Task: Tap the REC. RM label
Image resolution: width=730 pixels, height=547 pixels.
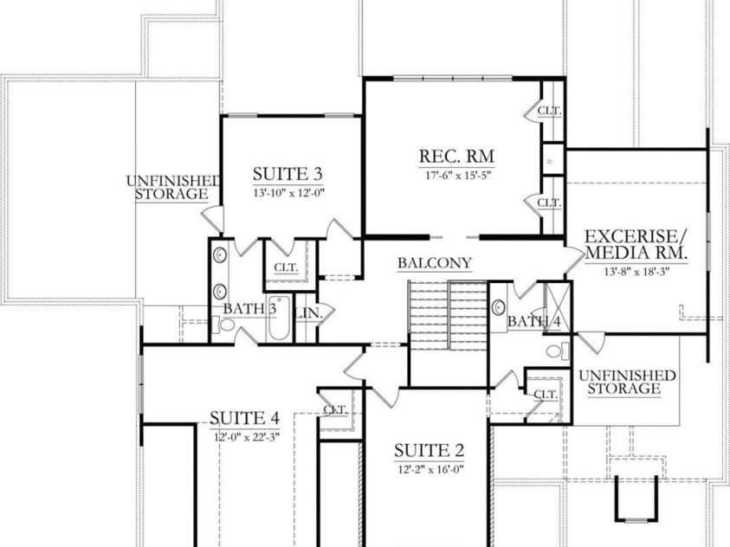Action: (456, 156)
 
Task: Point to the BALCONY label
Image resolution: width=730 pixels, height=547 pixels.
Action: (435, 263)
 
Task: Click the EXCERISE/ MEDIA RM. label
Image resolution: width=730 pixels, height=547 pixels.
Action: (636, 244)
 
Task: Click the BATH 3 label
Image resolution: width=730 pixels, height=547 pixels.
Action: (249, 308)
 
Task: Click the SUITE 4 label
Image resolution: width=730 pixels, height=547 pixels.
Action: (244, 419)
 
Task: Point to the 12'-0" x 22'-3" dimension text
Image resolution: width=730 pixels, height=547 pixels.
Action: (246, 437)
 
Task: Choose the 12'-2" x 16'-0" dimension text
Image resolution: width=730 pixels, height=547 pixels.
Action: (430, 470)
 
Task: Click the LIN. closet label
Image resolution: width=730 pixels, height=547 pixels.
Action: (307, 312)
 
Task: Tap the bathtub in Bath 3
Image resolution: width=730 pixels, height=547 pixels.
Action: (282, 328)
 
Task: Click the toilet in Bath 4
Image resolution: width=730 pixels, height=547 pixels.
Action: (560, 351)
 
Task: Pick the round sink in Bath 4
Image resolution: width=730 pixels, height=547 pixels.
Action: (499, 307)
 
